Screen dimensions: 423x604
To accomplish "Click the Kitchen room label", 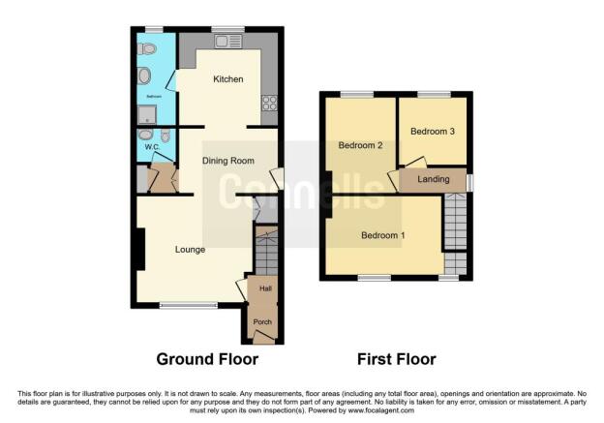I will (x=228, y=79).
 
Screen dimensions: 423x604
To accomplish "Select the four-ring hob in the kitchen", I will (x=268, y=101).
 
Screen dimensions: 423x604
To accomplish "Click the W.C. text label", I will (x=152, y=147).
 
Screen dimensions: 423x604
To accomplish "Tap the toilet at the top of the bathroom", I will (x=147, y=48).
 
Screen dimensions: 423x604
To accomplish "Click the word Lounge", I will (x=190, y=250).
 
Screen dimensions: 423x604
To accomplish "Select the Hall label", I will (x=263, y=288).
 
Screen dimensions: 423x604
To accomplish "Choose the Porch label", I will (x=262, y=321).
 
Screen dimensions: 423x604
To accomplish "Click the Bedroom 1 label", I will (x=383, y=235).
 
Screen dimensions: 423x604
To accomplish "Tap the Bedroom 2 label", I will (x=361, y=145).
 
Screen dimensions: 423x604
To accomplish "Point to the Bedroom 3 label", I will (x=433, y=132).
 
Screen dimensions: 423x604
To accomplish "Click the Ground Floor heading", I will (x=207, y=359).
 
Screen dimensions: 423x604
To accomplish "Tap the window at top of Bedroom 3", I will (x=433, y=94).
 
